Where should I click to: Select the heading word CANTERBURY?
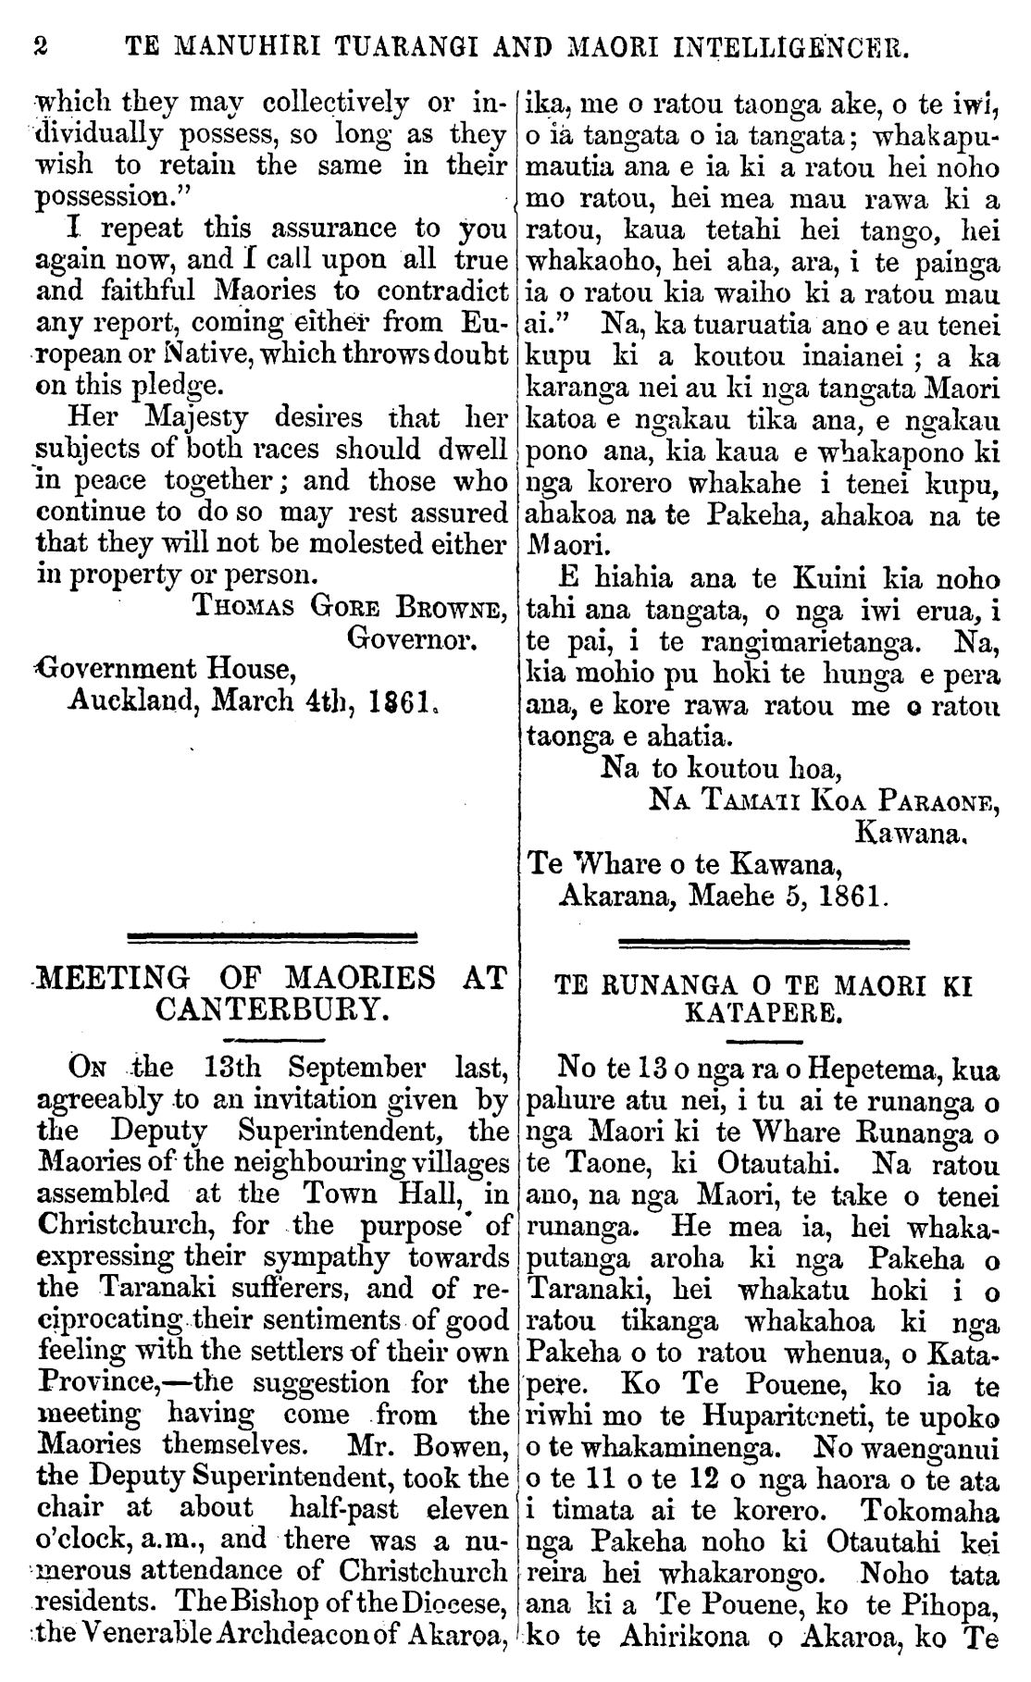tap(270, 1008)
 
